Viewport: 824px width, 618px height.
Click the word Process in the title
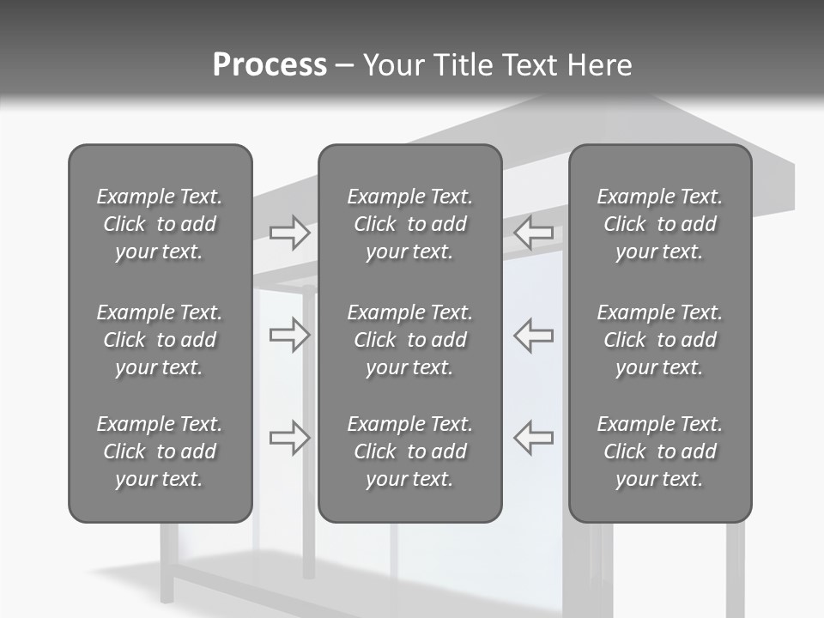pyautogui.click(x=270, y=65)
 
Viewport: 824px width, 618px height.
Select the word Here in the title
pyautogui.click(x=600, y=65)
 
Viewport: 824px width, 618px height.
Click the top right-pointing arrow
pyautogui.click(x=289, y=233)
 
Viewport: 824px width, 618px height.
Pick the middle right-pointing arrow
pyautogui.click(x=289, y=335)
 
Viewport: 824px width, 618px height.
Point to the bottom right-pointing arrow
pyautogui.click(x=289, y=437)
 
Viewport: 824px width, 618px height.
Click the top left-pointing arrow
pyautogui.click(x=534, y=233)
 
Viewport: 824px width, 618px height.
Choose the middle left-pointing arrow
pyautogui.click(x=534, y=335)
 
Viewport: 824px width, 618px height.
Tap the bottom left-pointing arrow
pyautogui.click(x=534, y=437)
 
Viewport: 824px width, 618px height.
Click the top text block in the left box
pyautogui.click(x=160, y=224)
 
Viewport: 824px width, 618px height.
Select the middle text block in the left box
pyautogui.click(x=160, y=340)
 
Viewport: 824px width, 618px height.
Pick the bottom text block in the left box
pyautogui.click(x=160, y=451)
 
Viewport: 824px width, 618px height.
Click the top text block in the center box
pyautogui.click(x=409, y=224)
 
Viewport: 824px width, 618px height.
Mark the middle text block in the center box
pyautogui.click(x=409, y=340)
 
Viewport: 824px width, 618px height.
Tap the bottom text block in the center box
pyautogui.click(x=409, y=451)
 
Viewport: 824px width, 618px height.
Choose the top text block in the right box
pyautogui.click(x=659, y=224)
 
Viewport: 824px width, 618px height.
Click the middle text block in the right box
pyautogui.click(x=659, y=340)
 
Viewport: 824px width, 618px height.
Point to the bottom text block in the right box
pyautogui.click(x=659, y=451)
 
